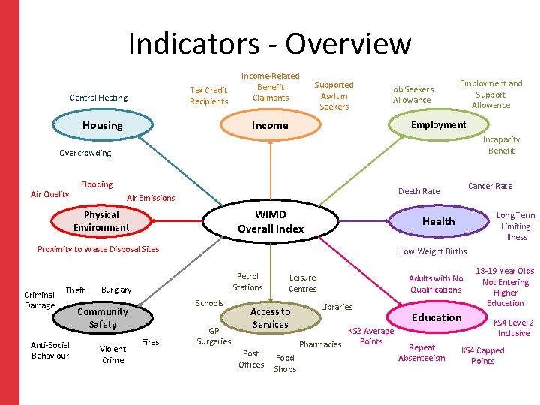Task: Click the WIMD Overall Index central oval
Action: (x=270, y=222)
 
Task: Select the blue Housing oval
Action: (x=102, y=125)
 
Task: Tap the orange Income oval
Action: (x=270, y=125)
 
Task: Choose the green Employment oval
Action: (x=438, y=124)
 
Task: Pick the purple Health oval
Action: (x=438, y=220)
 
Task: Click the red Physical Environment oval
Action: (x=101, y=221)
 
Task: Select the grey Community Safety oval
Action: (x=103, y=318)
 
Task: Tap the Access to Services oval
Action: (x=270, y=318)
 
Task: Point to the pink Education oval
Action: (x=436, y=317)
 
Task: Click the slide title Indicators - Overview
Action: (x=270, y=43)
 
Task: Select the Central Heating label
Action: (x=98, y=97)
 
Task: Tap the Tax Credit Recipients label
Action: (x=208, y=96)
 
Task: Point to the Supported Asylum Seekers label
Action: (x=334, y=96)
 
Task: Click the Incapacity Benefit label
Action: (x=501, y=145)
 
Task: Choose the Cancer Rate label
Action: (x=490, y=186)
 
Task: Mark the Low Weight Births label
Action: (x=433, y=251)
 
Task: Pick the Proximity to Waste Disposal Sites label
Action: (x=98, y=249)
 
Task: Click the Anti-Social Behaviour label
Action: (x=50, y=350)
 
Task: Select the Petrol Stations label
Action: (x=247, y=282)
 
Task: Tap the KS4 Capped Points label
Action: (x=482, y=355)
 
